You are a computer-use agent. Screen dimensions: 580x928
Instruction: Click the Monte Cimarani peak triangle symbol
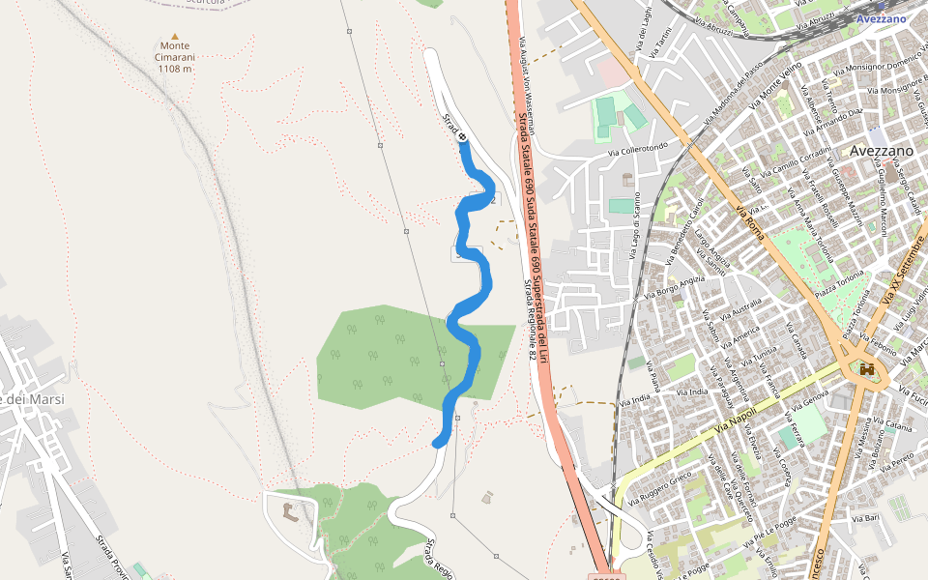click(175, 35)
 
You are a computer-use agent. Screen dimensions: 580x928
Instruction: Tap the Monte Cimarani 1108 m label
click(175, 57)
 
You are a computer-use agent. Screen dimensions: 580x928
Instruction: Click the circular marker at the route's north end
click(463, 137)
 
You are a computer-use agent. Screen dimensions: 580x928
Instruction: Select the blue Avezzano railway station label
click(881, 18)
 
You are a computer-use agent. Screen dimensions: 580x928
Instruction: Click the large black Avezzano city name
click(882, 151)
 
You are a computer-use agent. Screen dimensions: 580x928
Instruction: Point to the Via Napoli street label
click(736, 418)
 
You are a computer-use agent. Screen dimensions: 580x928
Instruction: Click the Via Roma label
click(749, 222)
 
